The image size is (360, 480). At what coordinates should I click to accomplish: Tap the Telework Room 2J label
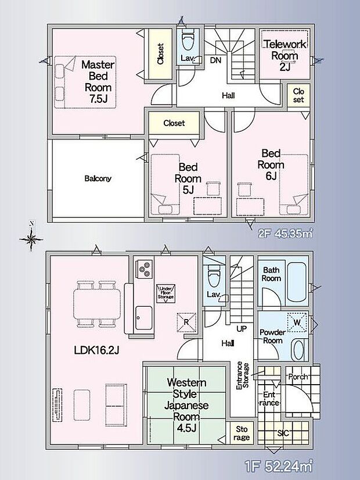[x=285, y=55]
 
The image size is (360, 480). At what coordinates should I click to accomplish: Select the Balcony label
[x=98, y=178]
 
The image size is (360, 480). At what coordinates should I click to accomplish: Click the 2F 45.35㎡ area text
[x=285, y=234]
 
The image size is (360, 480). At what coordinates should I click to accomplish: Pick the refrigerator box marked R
[x=186, y=322]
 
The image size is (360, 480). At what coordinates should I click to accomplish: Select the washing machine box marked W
[x=297, y=323]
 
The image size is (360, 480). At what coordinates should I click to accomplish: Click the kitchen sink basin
[x=144, y=318]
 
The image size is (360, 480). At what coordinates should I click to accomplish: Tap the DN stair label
[x=215, y=60]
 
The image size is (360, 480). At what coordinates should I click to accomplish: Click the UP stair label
[x=242, y=329]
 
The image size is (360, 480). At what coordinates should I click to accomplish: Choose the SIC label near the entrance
[x=283, y=434]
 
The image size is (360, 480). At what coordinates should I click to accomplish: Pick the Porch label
[x=298, y=377]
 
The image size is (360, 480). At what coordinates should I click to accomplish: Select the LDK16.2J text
[x=96, y=350]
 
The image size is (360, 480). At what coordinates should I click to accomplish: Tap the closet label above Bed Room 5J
[x=174, y=123]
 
